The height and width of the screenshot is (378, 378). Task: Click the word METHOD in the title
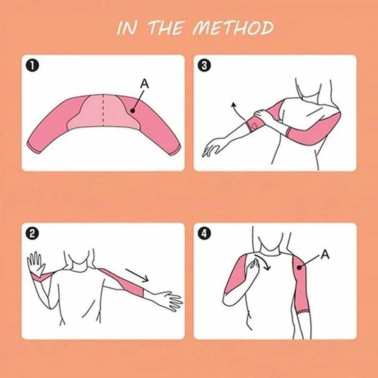tap(233, 28)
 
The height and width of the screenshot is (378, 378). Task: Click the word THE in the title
tap(166, 28)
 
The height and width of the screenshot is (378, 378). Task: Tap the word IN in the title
tap(127, 28)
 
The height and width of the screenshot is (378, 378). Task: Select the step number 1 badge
tap(33, 66)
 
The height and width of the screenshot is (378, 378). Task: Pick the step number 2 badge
tap(33, 233)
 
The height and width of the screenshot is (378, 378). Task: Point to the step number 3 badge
tap(204, 66)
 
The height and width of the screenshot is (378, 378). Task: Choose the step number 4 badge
tap(204, 233)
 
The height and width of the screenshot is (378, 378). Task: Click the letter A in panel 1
tap(145, 84)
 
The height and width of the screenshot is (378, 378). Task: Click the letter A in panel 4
tap(325, 254)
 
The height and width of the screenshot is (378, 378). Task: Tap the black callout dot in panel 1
tap(132, 111)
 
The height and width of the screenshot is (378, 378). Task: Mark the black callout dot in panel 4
tap(299, 267)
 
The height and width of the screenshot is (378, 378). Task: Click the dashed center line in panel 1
tap(103, 110)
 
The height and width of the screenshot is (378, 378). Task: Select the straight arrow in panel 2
tap(137, 275)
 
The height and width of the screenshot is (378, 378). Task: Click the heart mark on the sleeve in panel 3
tap(255, 125)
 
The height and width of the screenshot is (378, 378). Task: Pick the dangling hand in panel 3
tap(214, 146)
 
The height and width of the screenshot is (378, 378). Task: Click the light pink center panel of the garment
tap(103, 112)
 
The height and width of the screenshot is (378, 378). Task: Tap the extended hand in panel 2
tap(170, 301)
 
